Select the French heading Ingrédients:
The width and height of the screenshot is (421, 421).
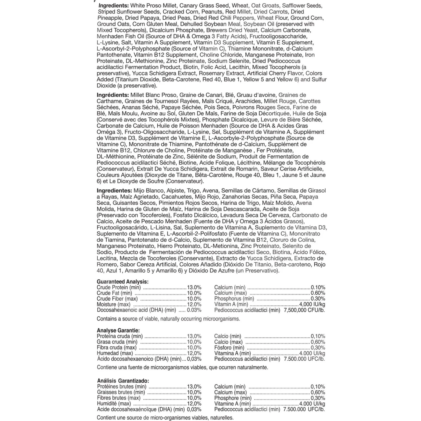coord(113,95)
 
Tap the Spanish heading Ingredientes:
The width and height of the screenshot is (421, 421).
coord(114,191)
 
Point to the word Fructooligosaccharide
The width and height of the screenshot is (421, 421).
coord(278,36)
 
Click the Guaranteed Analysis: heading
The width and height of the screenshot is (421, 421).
coord(122,282)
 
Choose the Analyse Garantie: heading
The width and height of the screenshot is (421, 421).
coord(118,331)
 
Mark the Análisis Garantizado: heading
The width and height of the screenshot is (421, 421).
coord(123,381)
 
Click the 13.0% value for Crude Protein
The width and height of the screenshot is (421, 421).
coord(194,287)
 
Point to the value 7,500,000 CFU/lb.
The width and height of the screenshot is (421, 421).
coord(304,310)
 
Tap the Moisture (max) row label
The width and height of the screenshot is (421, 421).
coord(113,305)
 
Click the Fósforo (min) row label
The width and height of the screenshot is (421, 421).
coord(229,348)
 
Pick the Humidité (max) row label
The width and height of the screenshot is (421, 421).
coord(114,404)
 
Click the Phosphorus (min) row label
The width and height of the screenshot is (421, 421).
coord(234,299)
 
